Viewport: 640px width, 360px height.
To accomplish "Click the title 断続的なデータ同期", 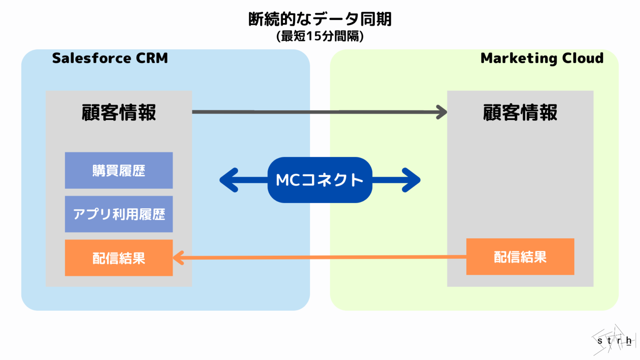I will pyautogui.click(x=320, y=19).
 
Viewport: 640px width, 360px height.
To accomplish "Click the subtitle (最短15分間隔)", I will pyautogui.click(x=320, y=36).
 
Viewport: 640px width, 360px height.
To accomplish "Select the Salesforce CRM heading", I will pyautogui.click(x=110, y=58).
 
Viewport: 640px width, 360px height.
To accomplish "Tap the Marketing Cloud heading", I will pyautogui.click(x=542, y=58).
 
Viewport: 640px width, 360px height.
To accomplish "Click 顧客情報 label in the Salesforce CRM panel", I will pyautogui.click(x=119, y=112).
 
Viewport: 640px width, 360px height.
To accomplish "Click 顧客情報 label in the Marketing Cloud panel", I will pyautogui.click(x=520, y=112).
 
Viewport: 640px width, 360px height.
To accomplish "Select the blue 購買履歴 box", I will pyautogui.click(x=119, y=170).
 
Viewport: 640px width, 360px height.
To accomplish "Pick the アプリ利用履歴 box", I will pyautogui.click(x=119, y=214).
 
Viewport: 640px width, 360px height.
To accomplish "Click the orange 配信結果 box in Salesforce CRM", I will pyautogui.click(x=119, y=258).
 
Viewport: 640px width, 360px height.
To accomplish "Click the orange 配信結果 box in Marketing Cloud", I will pyautogui.click(x=520, y=257).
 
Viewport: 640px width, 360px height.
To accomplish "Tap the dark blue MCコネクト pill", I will pyautogui.click(x=320, y=180).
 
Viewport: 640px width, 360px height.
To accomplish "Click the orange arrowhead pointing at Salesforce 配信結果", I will pyautogui.click(x=178, y=257).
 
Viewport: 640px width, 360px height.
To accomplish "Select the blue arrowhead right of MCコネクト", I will pyautogui.click(x=412, y=180).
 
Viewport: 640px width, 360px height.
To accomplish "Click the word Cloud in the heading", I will pyautogui.click(x=582, y=58).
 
